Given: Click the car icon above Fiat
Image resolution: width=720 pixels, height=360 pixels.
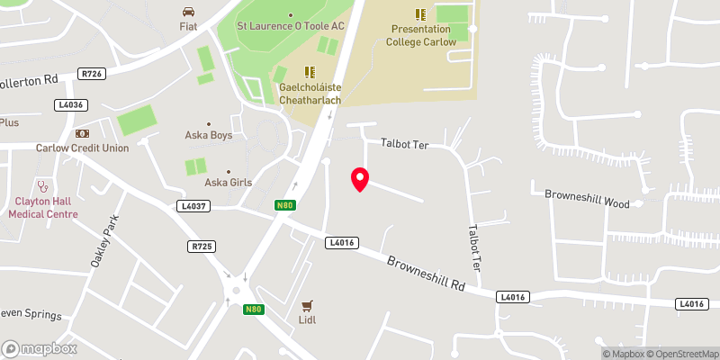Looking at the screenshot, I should pyautogui.click(x=188, y=12).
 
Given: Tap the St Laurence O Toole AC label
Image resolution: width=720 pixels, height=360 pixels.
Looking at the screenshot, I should pyautogui.click(x=290, y=26).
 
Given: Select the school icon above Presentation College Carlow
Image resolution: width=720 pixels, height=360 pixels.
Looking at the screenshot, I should pyautogui.click(x=420, y=13).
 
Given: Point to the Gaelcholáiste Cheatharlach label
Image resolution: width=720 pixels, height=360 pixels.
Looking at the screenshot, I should pyautogui.click(x=309, y=94).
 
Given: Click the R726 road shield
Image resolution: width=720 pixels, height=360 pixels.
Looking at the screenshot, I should pyautogui.click(x=90, y=74).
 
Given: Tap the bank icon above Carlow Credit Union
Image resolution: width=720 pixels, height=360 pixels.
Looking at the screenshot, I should pyautogui.click(x=82, y=133).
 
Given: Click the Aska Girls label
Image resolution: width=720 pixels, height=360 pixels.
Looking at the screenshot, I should pyautogui.click(x=228, y=182).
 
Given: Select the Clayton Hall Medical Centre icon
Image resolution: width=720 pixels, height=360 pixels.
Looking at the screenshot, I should pyautogui.click(x=42, y=187).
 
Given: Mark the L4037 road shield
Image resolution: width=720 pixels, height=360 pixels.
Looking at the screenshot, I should pyautogui.click(x=193, y=206).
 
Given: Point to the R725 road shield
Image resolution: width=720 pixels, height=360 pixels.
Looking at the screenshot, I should pyautogui.click(x=201, y=246).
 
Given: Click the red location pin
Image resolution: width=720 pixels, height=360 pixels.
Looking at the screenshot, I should pyautogui.click(x=360, y=179).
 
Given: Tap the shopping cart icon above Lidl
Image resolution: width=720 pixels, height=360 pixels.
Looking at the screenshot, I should pyautogui.click(x=308, y=306).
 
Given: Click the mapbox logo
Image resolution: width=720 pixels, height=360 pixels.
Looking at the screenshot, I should pyautogui.click(x=40, y=348).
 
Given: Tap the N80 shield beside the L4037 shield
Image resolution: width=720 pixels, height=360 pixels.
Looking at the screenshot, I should pyautogui.click(x=284, y=206).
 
